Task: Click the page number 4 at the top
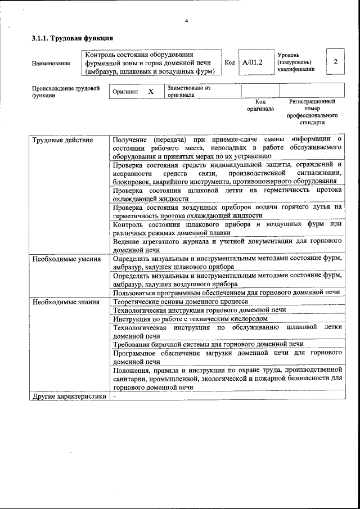pyautogui.click(x=186, y=21)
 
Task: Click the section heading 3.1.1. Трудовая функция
pyautogui.click(x=73, y=39)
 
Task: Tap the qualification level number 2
pyautogui.click(x=335, y=62)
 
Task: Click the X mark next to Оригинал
pyautogui.click(x=151, y=91)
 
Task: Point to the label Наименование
pyautogui.click(x=51, y=63)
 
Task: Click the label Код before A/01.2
pyautogui.click(x=229, y=62)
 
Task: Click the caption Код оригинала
pyautogui.click(x=260, y=105)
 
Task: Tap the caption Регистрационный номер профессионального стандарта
pyautogui.click(x=312, y=111)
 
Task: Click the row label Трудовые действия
pyautogui.click(x=63, y=140)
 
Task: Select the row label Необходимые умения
pyautogui.click(x=66, y=259)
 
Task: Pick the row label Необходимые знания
pyautogui.click(x=66, y=302)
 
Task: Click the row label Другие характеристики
pyautogui.click(x=69, y=396)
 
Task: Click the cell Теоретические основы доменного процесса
pyautogui.click(x=180, y=302)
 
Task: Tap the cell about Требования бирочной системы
pyautogui.click(x=208, y=344)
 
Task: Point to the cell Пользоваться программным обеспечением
pyautogui.click(x=226, y=292)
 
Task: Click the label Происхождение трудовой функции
pyautogui.click(x=66, y=92)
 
